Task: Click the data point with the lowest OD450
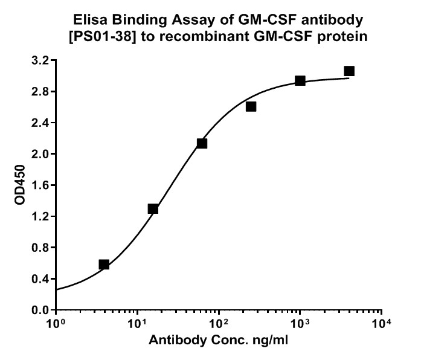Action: click(104, 265)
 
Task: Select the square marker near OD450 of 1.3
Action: click(153, 209)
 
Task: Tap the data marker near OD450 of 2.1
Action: click(202, 143)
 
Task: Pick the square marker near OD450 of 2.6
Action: click(251, 106)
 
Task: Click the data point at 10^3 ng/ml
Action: click(300, 80)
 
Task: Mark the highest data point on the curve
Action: click(349, 71)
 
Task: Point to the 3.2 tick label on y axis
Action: click(40, 60)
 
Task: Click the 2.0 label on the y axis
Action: click(40, 154)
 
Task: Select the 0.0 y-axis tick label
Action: click(40, 310)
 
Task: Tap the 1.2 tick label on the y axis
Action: click(40, 216)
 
